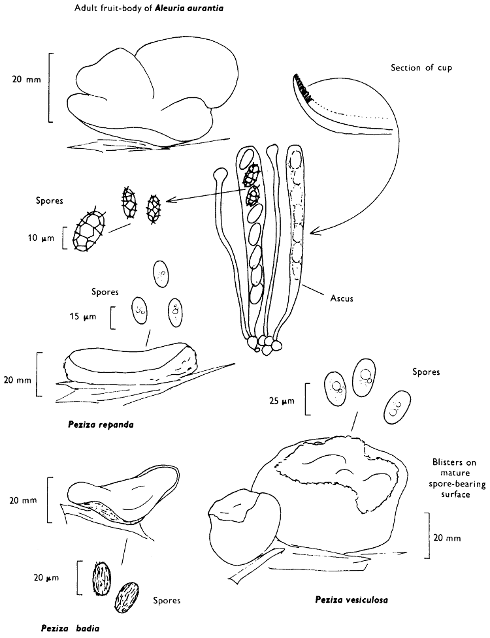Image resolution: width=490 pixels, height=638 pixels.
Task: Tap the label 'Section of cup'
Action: click(421, 68)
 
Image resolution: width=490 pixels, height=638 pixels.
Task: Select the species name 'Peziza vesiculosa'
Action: click(351, 599)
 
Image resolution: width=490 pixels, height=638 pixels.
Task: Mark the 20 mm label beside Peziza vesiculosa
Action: click(447, 538)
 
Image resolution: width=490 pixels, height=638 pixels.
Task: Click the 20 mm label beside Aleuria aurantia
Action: click(27, 79)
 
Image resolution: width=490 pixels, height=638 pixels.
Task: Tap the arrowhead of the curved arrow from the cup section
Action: click(313, 233)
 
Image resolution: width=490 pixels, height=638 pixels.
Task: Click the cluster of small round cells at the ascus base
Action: click(264, 341)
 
